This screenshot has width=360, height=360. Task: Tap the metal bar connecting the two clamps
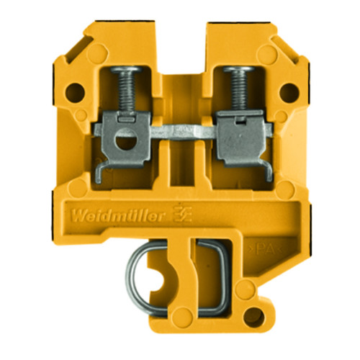point(180,134)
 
